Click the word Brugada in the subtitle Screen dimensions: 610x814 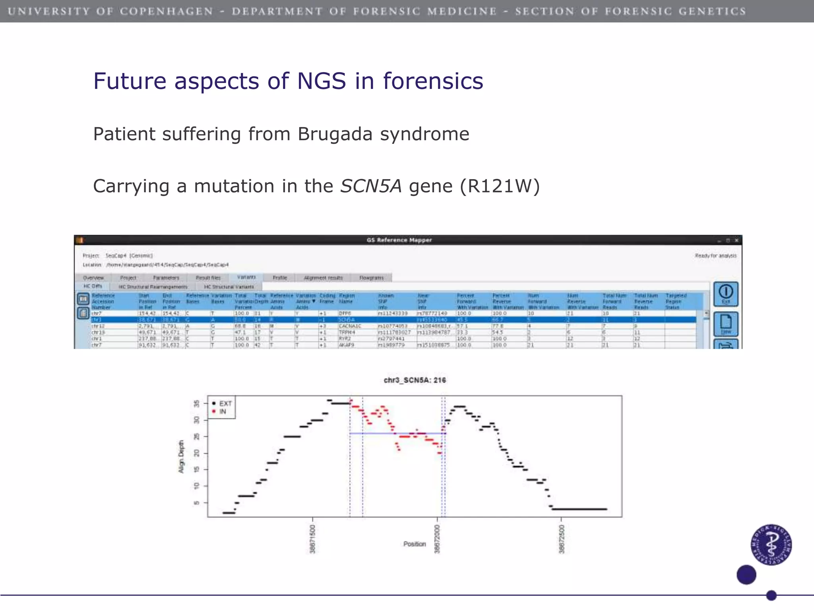[x=335, y=134]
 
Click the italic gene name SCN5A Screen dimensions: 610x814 [x=371, y=186]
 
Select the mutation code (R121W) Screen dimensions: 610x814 [x=500, y=186]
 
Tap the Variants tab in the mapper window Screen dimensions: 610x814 [x=246, y=277]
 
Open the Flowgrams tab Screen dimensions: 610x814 [x=371, y=278]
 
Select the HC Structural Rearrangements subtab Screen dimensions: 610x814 [x=153, y=287]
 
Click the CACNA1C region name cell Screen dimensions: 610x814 [x=350, y=326]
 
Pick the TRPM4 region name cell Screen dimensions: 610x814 [x=347, y=332]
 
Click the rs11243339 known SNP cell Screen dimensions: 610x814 [x=393, y=313]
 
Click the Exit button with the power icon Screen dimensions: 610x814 [x=726, y=293]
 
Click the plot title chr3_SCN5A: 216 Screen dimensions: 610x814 [x=415, y=380]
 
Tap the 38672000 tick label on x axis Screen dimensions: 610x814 [x=437, y=539]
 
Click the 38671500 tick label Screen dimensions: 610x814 [x=312, y=539]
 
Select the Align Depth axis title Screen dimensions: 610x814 [x=181, y=456]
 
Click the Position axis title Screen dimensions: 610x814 [x=415, y=544]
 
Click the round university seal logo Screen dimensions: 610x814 [x=771, y=544]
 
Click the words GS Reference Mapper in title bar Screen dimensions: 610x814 [x=399, y=240]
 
